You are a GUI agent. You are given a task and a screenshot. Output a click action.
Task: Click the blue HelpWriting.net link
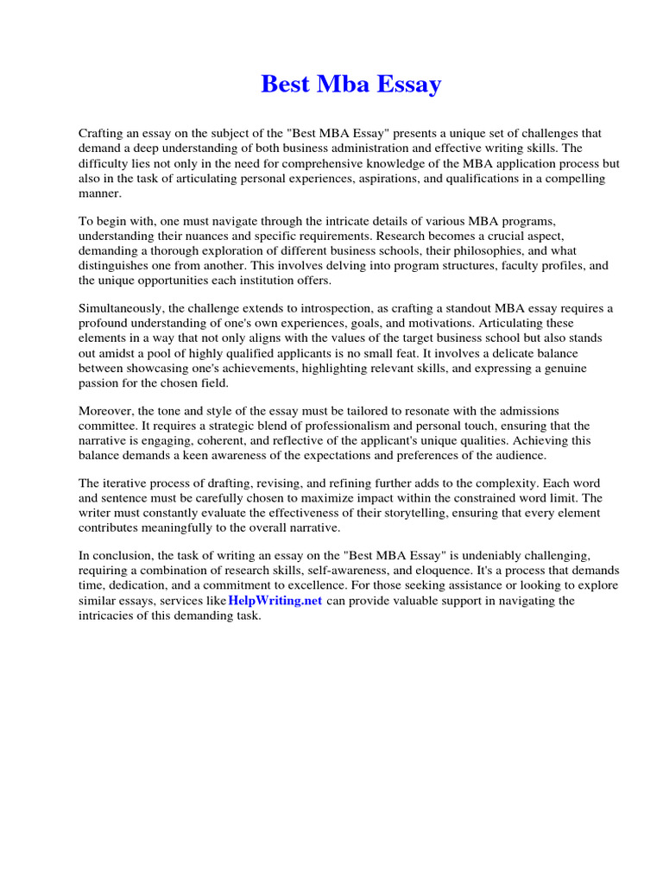(275, 601)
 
